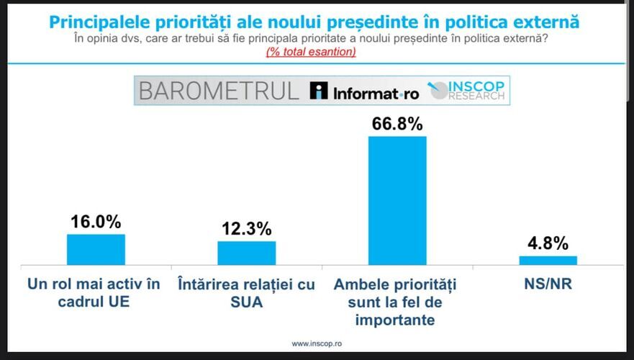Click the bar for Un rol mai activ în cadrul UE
(96, 250)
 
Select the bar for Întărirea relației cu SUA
(247, 253)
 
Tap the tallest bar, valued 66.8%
(397, 201)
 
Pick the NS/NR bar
(548, 261)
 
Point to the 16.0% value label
(96, 222)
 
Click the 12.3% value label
(247, 229)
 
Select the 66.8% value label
(397, 124)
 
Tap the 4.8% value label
(548, 243)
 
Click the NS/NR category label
(548, 284)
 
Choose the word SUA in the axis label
(247, 302)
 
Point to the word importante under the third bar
(395, 320)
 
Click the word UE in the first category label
(120, 302)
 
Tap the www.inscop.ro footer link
(317, 344)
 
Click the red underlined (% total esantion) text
(311, 52)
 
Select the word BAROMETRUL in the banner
(219, 91)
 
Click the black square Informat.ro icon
(319, 91)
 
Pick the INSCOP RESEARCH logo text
(475, 91)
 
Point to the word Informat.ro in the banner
(376, 94)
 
